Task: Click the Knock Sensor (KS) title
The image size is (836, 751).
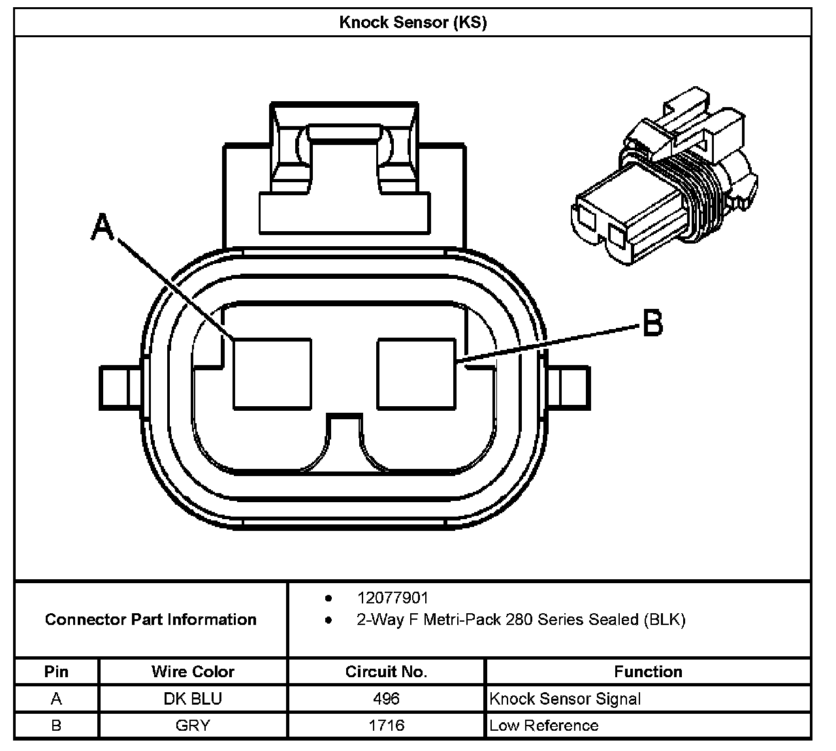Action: pos(413,22)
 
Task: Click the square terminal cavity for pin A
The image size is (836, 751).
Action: pos(272,374)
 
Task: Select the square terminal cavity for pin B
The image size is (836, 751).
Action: pos(416,374)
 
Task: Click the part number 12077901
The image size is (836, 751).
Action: pos(393,598)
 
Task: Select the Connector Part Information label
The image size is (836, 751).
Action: pos(151,619)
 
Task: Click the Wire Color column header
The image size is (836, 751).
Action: pos(193,671)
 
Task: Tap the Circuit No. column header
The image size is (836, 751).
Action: pos(386,671)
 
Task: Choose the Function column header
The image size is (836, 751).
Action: pos(648,671)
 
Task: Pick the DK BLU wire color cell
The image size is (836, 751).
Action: pos(193,699)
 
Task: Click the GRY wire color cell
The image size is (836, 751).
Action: pos(193,726)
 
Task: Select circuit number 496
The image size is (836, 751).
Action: pos(386,699)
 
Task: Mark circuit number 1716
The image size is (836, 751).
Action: pos(386,726)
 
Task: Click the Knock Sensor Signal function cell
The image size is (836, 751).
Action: pos(565,699)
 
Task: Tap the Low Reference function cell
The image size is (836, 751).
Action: pos(543,726)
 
